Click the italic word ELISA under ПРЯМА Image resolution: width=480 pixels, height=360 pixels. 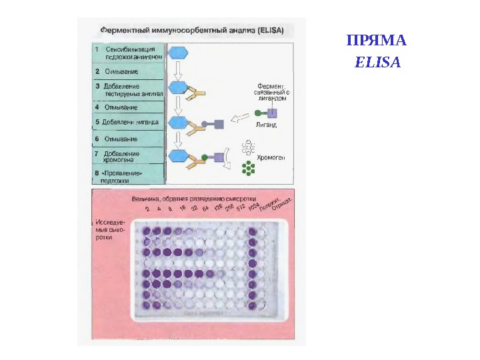[377, 63]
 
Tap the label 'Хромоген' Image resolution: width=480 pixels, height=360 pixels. [271, 159]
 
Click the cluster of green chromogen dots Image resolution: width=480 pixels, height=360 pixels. [249, 168]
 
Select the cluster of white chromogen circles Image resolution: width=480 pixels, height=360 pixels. [249, 147]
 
